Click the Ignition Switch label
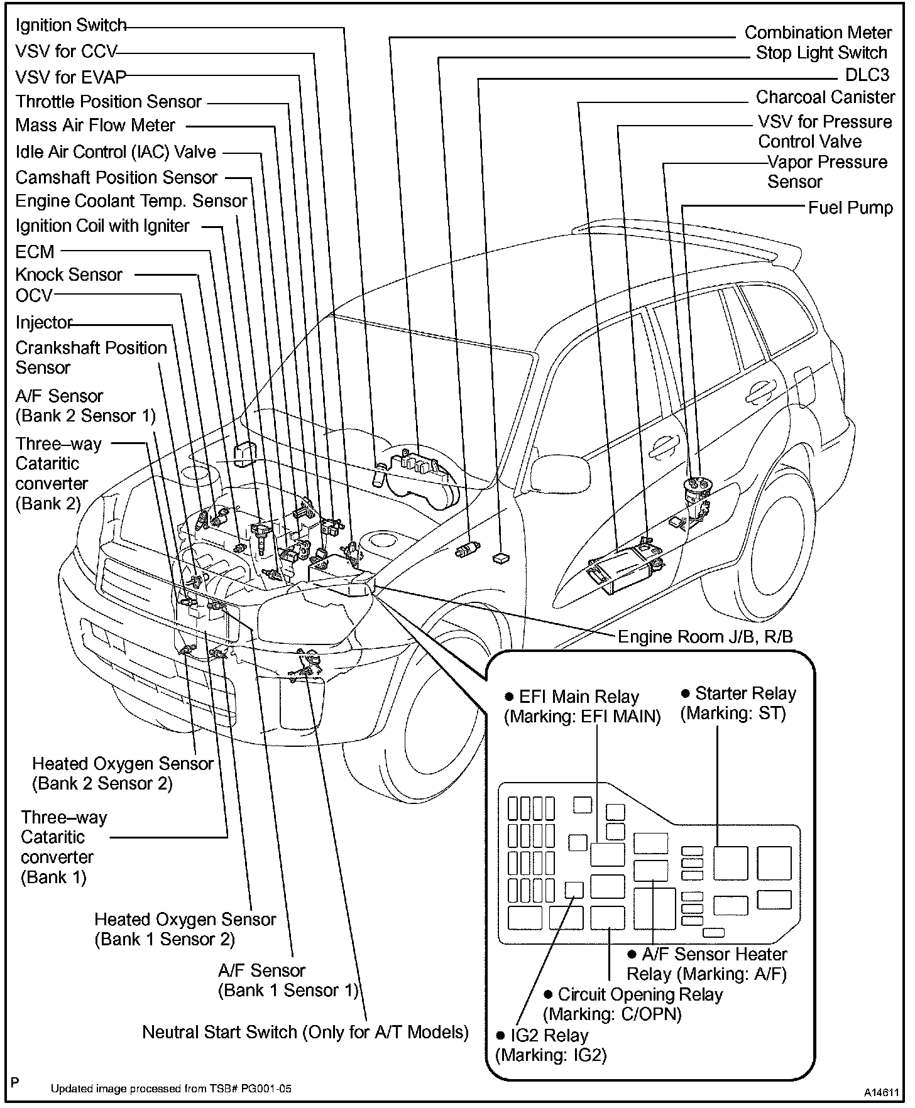(x=71, y=26)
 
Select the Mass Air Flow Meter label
(x=95, y=126)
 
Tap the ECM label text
(x=35, y=252)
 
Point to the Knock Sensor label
(x=69, y=275)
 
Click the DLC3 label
(x=867, y=75)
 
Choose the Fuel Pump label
(x=850, y=208)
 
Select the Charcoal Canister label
(x=825, y=97)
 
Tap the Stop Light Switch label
(x=821, y=53)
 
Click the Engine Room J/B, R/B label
(x=705, y=637)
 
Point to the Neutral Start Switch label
(x=305, y=1032)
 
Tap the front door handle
(x=664, y=447)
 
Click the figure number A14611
(x=881, y=1093)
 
